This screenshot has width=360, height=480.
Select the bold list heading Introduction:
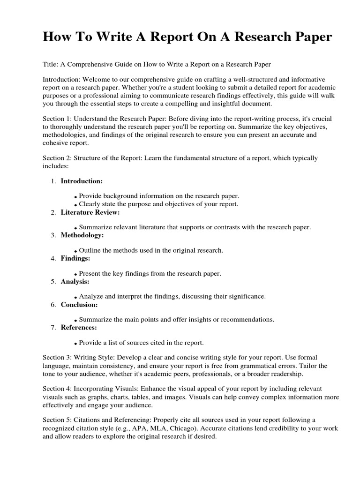point(82,181)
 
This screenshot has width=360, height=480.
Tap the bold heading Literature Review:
point(90,212)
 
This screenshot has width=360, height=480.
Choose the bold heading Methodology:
point(82,235)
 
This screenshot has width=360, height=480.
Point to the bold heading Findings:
point(75,258)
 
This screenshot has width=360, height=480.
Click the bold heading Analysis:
point(75,281)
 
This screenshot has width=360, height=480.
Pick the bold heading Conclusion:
point(79,304)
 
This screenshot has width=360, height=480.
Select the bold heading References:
point(79,327)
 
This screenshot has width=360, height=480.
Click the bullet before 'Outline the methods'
point(75,252)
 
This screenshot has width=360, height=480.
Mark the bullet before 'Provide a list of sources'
point(75,344)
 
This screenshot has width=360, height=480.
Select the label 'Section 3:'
point(57,358)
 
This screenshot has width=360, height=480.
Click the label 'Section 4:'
point(57,390)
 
